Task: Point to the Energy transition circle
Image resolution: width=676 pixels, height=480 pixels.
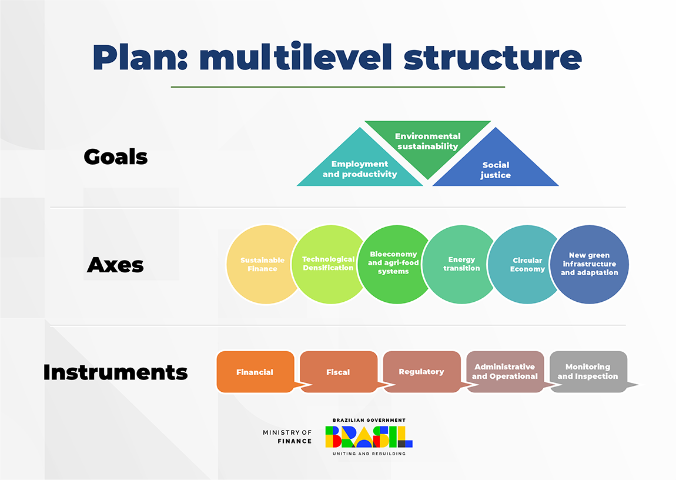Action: pos(461,264)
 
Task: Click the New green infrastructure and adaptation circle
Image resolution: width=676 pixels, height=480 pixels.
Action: pos(589,265)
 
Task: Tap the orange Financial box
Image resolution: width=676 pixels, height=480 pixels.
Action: pos(255,372)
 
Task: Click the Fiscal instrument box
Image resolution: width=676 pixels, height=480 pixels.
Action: pos(338,372)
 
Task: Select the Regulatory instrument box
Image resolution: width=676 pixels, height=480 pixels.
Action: pos(421,372)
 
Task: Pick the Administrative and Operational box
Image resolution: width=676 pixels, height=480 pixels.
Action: pos(504,372)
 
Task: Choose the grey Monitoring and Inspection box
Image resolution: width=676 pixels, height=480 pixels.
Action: pos(588,372)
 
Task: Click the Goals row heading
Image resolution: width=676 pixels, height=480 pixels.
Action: pos(116,157)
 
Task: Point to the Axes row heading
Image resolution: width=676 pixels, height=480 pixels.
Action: pos(115,265)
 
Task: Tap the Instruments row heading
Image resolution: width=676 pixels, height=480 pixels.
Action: pos(116,372)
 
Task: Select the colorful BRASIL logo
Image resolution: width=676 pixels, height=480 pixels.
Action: pos(369,436)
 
